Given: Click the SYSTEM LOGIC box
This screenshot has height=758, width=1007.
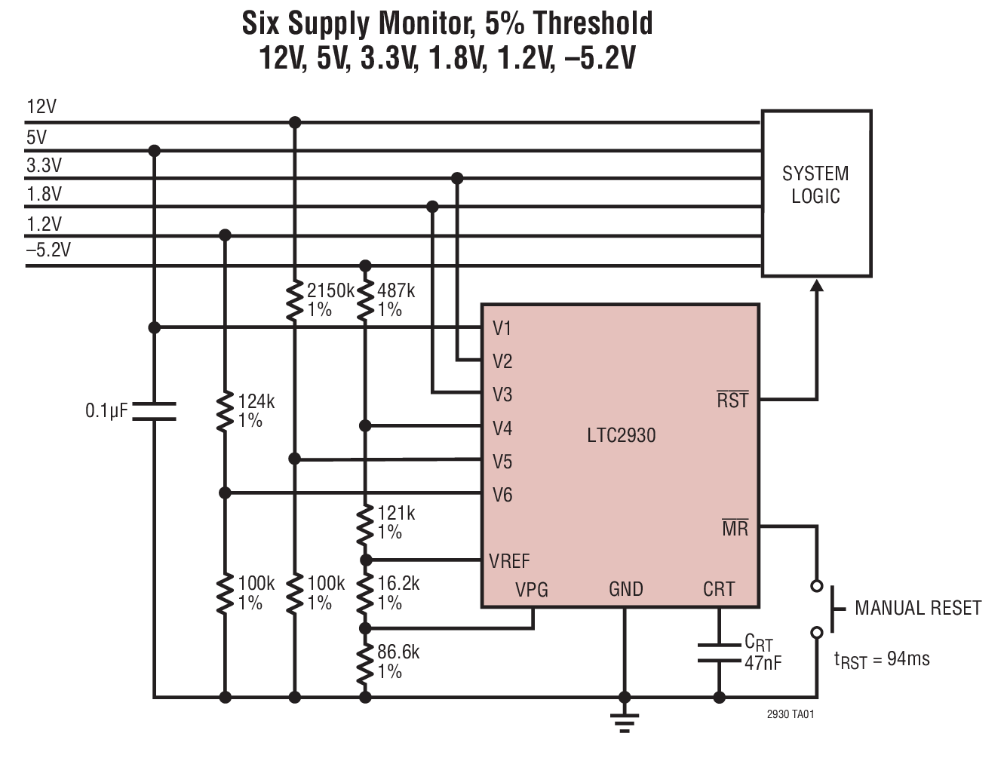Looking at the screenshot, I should pos(816,193).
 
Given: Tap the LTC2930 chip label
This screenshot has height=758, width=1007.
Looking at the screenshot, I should pos(621,435).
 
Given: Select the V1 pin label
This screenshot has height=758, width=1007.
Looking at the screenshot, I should pos(502,328).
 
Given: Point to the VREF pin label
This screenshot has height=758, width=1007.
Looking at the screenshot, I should pos(509,561).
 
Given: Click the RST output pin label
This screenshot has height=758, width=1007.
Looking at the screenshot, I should pos(732,400).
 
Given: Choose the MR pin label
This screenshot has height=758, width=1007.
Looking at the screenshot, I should pos(735,528).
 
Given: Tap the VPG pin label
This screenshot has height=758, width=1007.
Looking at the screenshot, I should pos(532,589).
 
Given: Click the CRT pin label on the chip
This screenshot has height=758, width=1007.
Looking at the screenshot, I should pos(718,589).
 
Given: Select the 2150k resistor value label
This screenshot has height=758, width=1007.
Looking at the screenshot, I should pos(330,290).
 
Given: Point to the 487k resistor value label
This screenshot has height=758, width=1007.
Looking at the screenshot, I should pos(396,290).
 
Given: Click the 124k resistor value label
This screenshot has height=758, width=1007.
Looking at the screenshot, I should pos(256,401).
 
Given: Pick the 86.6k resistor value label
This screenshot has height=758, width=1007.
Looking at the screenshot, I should pos(398,652).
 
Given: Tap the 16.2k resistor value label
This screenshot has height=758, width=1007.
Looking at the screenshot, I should pos(398,583).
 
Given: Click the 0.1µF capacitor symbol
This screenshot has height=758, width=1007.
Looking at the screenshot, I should pos(154,411).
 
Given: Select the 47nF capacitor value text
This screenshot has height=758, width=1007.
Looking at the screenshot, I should pos(763,663).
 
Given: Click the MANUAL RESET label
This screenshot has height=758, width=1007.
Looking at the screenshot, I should pos(917,608).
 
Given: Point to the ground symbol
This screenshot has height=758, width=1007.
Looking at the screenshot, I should pos(624,722).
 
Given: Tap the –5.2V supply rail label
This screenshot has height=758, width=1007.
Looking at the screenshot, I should pos(48,250).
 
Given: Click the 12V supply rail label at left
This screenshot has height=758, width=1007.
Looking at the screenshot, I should pos(41,106).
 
